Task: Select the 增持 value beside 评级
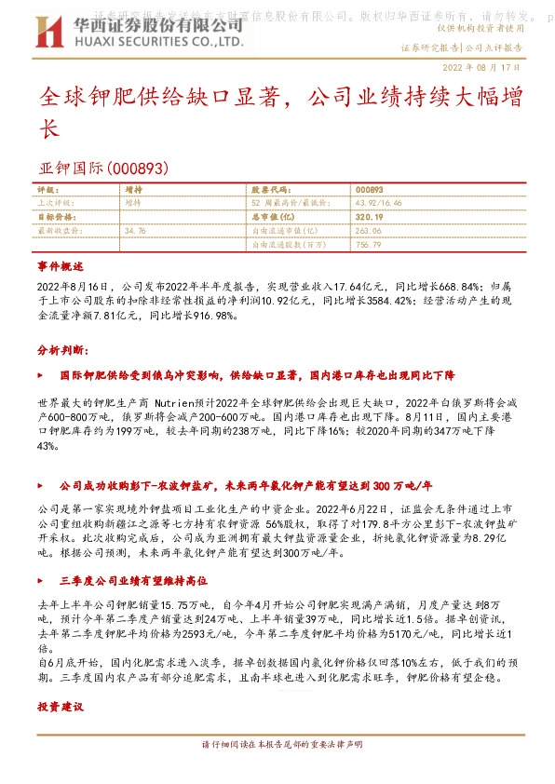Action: point(134,188)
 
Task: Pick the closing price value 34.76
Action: point(135,230)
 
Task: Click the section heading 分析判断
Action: point(62,349)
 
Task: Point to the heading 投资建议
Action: point(61,708)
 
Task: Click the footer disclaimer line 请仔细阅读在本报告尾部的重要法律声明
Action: point(277,745)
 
